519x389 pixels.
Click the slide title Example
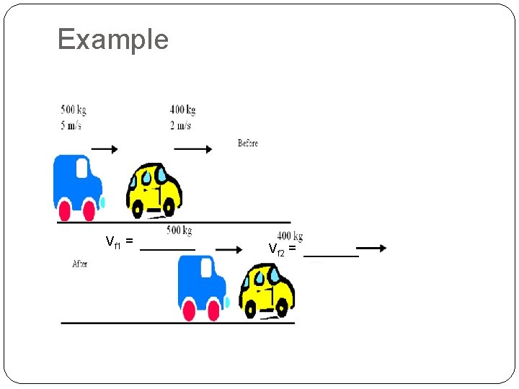112,40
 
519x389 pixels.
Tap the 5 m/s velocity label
71,125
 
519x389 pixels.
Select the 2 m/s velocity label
180,125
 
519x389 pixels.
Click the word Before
248,143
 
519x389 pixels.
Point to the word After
80,264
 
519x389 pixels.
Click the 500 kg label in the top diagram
74,110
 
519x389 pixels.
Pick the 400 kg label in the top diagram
182,110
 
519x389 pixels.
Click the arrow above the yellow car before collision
193,150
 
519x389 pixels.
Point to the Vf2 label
278,249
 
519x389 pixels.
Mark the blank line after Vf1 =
167,249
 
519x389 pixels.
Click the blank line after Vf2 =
331,256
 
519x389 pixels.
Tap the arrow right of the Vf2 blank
371,248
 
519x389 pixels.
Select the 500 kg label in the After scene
179,231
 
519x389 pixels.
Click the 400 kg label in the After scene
290,236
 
